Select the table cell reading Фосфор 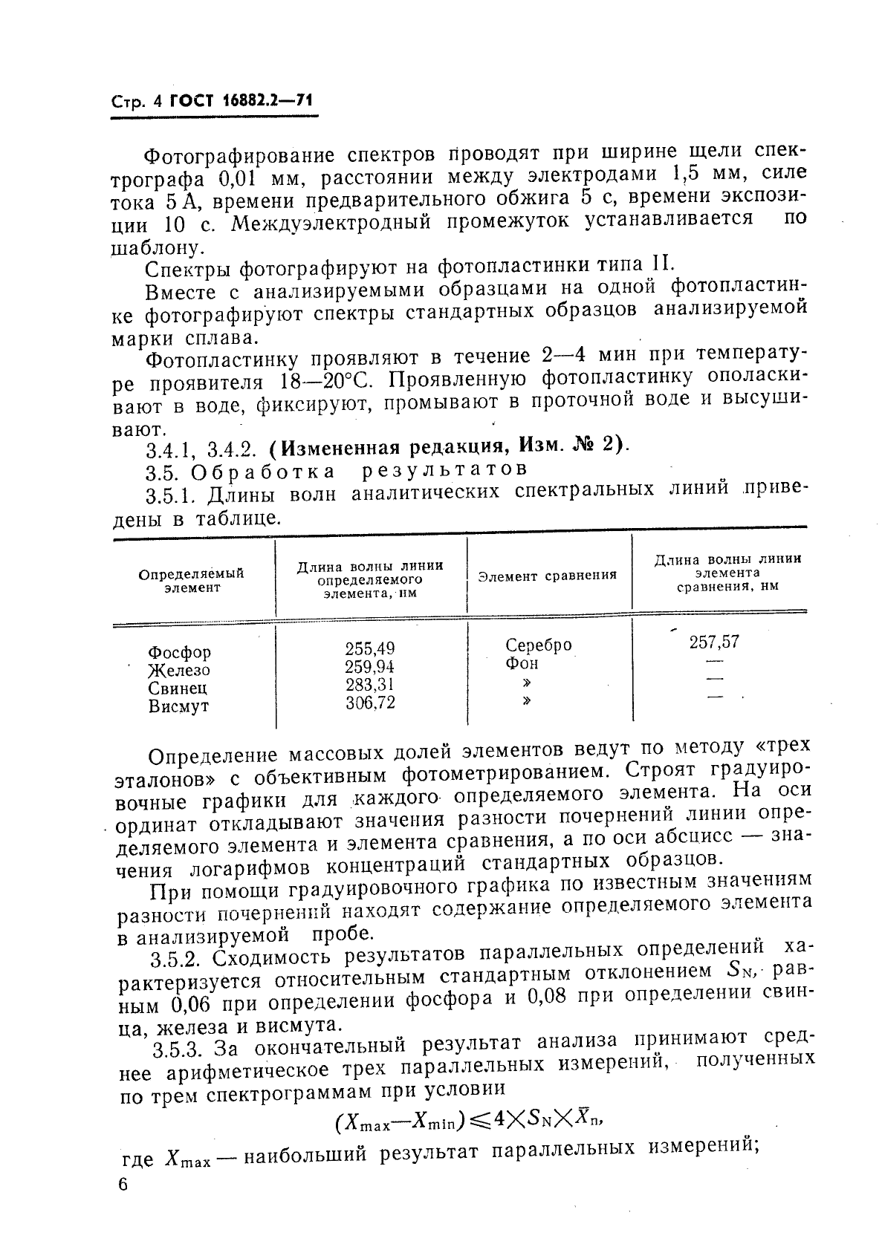(x=179, y=652)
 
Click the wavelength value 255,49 (x=370, y=648)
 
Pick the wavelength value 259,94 (x=370, y=666)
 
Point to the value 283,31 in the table (x=370, y=684)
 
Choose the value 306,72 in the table (x=370, y=702)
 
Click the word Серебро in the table (x=539, y=645)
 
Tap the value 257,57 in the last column (x=714, y=642)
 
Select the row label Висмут (x=178, y=706)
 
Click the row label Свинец (x=178, y=688)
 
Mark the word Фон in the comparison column (x=522, y=663)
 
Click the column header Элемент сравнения (x=547, y=576)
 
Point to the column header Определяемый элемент (x=192, y=580)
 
